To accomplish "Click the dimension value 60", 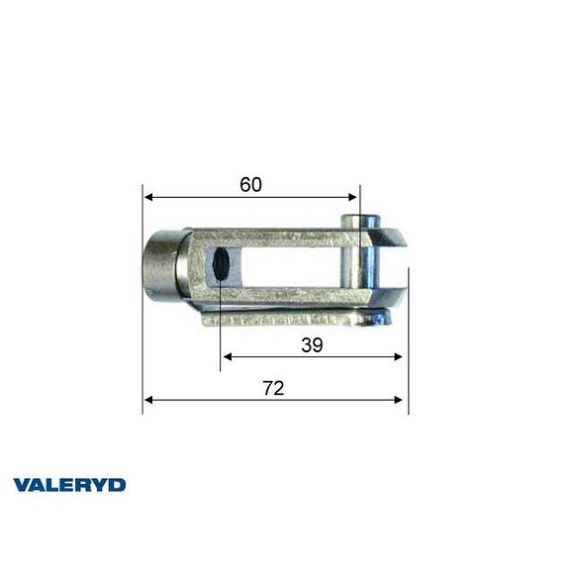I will (x=252, y=184).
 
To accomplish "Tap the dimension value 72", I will (x=273, y=388).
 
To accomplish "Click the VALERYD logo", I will (x=69, y=485).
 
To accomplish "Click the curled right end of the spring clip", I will (x=380, y=316).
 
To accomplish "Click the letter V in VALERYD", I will (x=22, y=485).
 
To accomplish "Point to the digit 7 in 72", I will (x=267, y=388).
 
